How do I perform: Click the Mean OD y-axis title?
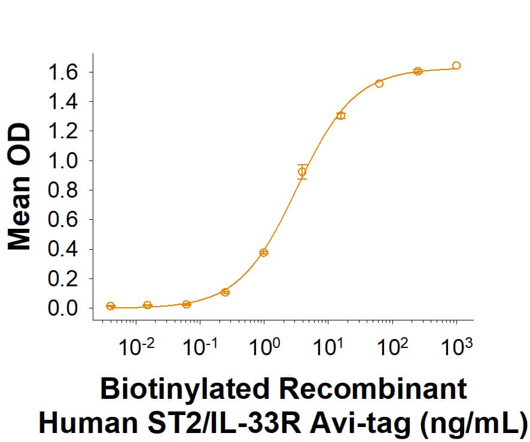tap(19, 187)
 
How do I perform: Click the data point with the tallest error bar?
tap(302, 172)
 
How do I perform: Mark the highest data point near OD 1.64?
tap(456, 65)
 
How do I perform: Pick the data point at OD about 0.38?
tap(264, 253)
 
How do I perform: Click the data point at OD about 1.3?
tap(340, 116)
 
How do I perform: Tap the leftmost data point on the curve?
tap(110, 306)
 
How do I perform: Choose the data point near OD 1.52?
tap(379, 83)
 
